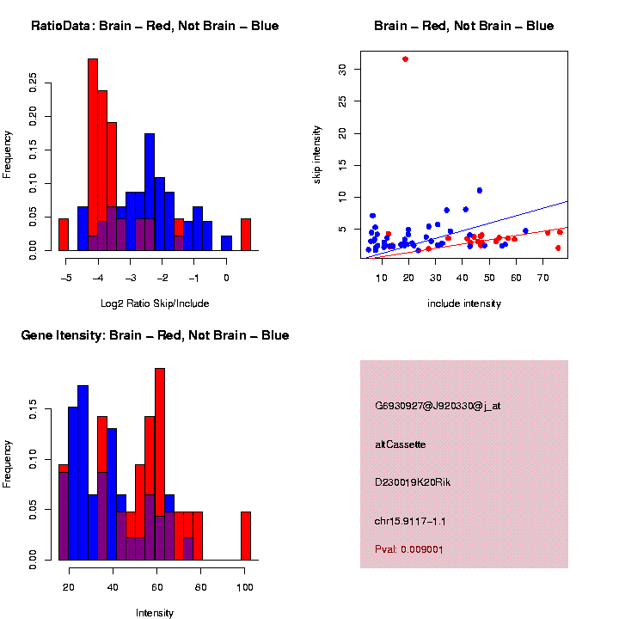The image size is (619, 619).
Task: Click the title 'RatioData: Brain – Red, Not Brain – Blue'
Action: point(155,26)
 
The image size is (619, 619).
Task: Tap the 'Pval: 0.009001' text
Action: point(408,549)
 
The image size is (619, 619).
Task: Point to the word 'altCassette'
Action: point(401,444)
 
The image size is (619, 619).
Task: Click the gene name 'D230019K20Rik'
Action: point(413,482)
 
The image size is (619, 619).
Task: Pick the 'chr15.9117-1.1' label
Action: point(410,521)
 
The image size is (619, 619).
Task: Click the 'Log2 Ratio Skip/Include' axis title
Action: point(155,303)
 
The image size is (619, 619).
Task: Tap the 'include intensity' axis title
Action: point(464,303)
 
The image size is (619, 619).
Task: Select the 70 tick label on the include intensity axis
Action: point(543,278)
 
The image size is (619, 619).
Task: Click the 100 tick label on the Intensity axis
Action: point(245,588)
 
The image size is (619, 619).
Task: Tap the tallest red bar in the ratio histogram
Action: point(93,155)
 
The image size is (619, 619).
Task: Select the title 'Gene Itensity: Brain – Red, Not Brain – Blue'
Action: point(155,335)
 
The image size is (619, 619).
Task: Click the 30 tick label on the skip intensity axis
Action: point(342,69)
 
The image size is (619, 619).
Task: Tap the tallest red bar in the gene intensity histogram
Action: point(160,464)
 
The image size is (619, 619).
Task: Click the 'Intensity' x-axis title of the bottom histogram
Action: point(155,613)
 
